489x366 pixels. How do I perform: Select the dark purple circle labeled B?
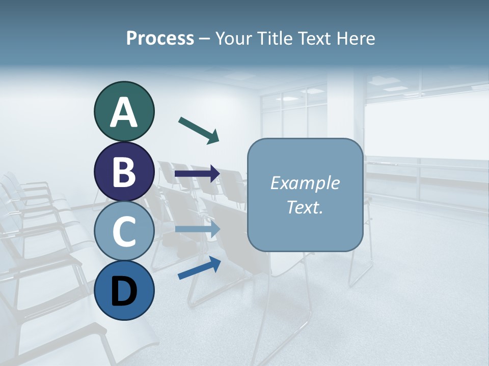pyautogui.click(x=124, y=172)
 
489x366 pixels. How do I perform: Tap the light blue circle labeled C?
pyautogui.click(x=124, y=231)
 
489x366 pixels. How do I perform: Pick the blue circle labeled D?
pyautogui.click(x=124, y=291)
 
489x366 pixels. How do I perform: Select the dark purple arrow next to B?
pyautogui.click(x=197, y=174)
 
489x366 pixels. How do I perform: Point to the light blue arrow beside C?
pyautogui.click(x=197, y=229)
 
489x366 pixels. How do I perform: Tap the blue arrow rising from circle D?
pyautogui.click(x=199, y=268)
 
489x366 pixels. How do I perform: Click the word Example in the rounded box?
pyautogui.click(x=305, y=183)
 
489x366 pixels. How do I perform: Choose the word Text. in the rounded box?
pyautogui.click(x=305, y=207)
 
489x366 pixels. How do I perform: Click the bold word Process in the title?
pyautogui.click(x=160, y=38)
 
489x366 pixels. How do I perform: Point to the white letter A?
pyautogui.click(x=124, y=112)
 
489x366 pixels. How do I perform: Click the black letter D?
pyautogui.click(x=124, y=292)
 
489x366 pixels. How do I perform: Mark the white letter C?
pyautogui.click(x=124, y=232)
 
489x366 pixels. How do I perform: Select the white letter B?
pyautogui.click(x=124, y=172)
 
